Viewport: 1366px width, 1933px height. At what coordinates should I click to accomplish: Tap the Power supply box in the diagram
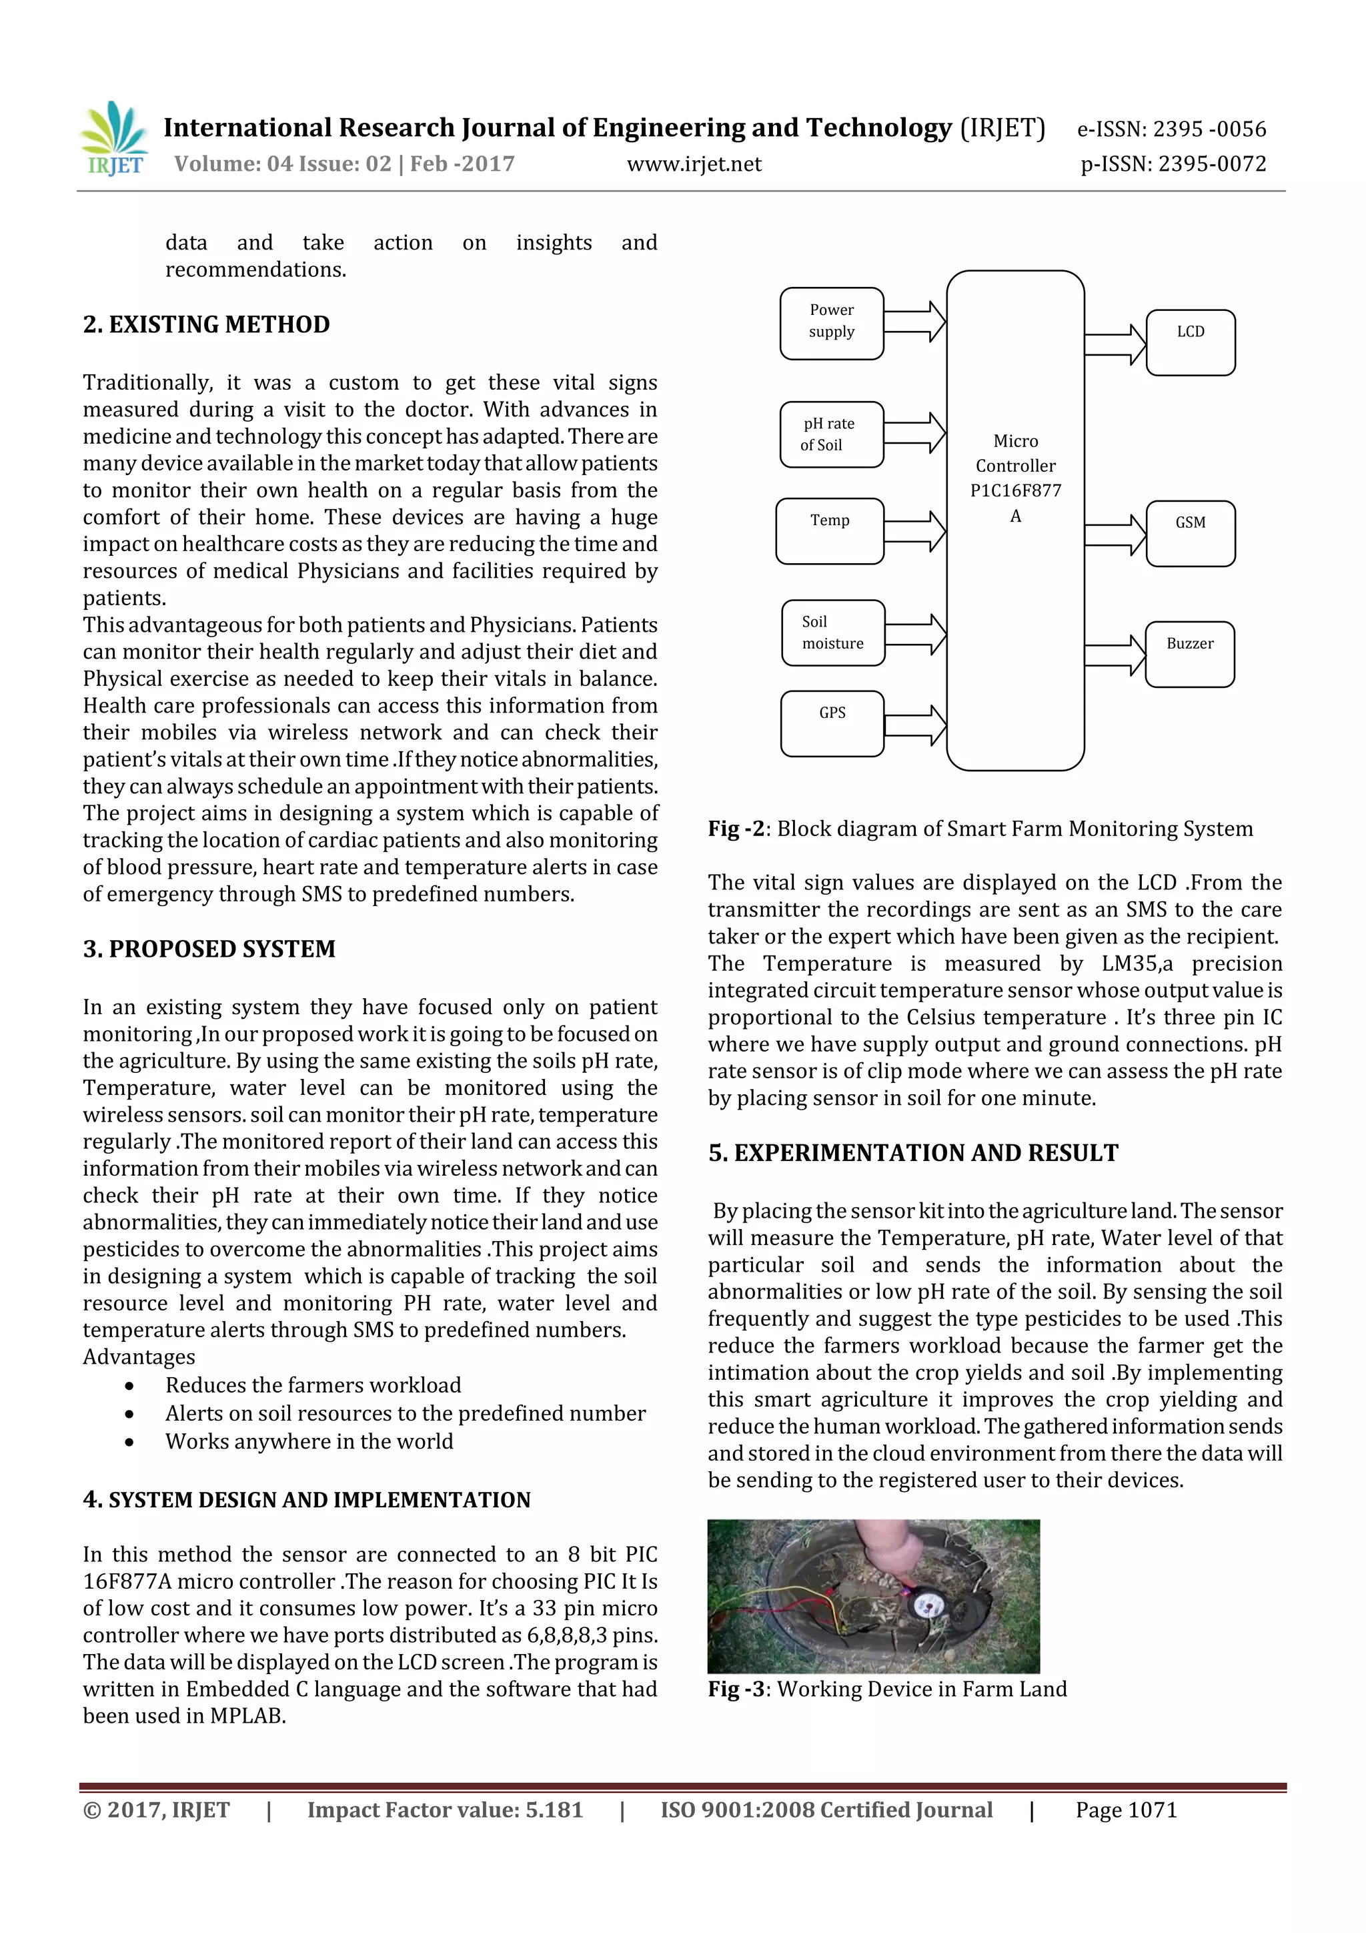point(832,324)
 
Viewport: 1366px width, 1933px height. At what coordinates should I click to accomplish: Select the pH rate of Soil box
point(832,434)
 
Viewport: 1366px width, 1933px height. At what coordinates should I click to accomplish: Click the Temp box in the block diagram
point(830,530)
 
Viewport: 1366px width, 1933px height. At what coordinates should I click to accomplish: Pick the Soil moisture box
point(832,633)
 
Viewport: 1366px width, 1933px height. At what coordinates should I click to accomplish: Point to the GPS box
point(832,723)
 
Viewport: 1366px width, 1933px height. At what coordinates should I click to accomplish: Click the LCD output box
point(1190,342)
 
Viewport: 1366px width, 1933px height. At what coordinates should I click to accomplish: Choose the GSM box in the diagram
point(1190,533)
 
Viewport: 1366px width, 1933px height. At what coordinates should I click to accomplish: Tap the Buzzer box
point(1189,654)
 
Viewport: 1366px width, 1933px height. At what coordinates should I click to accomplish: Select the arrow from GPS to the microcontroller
point(915,725)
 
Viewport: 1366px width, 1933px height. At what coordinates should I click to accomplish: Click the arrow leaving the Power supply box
point(915,322)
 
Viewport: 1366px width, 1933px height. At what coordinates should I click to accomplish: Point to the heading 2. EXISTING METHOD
point(206,325)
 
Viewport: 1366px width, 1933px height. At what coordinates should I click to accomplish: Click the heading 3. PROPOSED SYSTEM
point(209,949)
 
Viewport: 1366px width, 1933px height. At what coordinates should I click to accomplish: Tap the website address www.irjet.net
point(694,164)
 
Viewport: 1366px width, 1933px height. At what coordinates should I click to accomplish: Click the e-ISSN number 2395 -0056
point(1209,129)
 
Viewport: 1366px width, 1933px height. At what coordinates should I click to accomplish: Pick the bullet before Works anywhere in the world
point(129,1441)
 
